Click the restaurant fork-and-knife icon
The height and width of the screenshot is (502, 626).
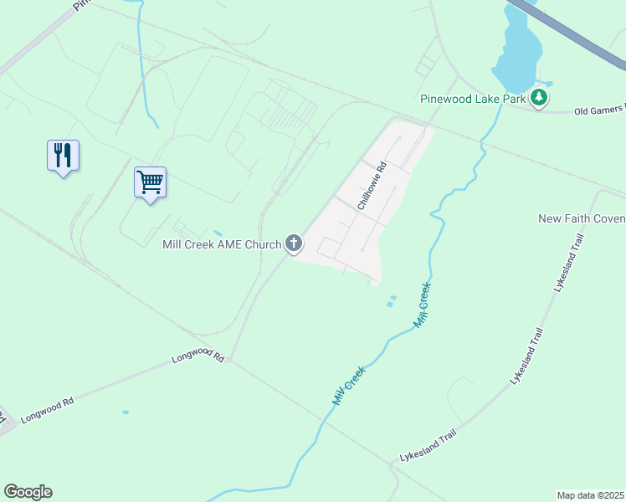click(x=63, y=155)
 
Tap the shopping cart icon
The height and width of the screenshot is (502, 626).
click(x=151, y=182)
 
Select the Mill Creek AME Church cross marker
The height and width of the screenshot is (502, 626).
click(x=294, y=244)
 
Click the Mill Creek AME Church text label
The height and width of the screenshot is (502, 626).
click(x=222, y=244)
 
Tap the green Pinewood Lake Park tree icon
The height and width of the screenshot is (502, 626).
click(x=540, y=99)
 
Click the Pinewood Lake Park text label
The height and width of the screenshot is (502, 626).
click(x=473, y=99)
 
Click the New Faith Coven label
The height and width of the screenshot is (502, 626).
click(x=582, y=218)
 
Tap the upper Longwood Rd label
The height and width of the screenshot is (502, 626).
click(x=198, y=357)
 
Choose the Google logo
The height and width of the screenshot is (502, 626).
click(x=28, y=492)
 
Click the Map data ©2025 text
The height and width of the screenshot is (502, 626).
click(x=590, y=494)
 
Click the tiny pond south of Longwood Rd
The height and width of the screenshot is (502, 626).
click(x=126, y=412)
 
